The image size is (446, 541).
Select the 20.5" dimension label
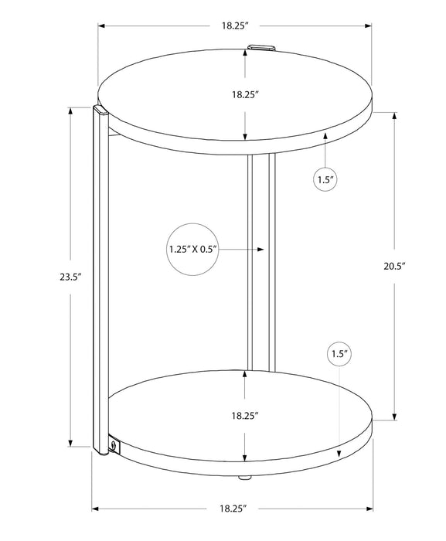[395, 265]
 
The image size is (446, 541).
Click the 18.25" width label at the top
[234, 25]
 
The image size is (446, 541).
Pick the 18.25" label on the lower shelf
[244, 415]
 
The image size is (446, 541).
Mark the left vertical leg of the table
[99, 278]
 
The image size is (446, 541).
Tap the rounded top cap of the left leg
[98, 111]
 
